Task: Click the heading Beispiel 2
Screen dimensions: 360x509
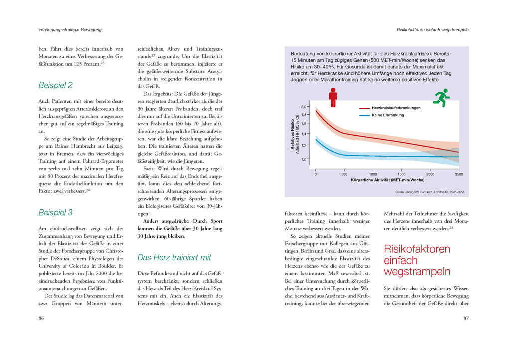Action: point(55,85)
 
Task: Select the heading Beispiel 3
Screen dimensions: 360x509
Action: point(55,212)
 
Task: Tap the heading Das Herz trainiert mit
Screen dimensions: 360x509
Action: point(174,257)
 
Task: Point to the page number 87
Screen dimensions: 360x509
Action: point(466,318)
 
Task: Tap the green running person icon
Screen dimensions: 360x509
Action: point(441,97)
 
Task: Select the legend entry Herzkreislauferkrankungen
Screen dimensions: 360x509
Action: point(396,108)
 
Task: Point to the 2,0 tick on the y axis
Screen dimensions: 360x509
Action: point(304,107)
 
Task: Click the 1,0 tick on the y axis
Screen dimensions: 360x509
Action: point(304,159)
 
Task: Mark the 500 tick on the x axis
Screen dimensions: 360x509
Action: point(344,174)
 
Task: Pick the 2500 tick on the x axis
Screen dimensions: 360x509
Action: point(458,174)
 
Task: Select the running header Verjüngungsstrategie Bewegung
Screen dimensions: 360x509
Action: point(70,30)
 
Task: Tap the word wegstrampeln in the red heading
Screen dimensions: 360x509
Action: point(417,272)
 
